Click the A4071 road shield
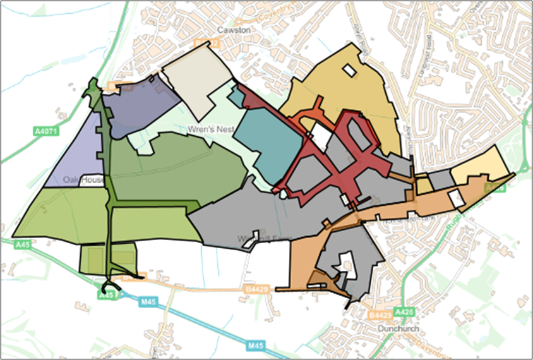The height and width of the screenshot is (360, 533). pos(42,131)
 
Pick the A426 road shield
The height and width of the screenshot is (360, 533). pos(404,312)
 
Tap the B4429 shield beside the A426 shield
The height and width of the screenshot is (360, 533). pos(381,314)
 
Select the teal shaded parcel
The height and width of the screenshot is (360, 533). pos(264,144)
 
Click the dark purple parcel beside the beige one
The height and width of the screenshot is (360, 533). pos(140,104)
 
